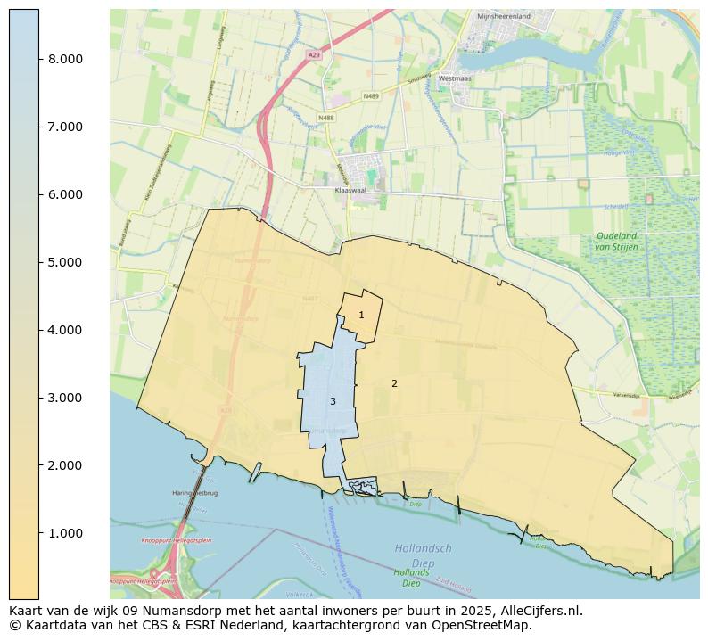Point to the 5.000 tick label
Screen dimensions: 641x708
tap(65, 262)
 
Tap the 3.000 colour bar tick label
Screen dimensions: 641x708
tap(65, 398)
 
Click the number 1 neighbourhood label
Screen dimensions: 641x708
tap(361, 315)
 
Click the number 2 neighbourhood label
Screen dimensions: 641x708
tap(394, 383)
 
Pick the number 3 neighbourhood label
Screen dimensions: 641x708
tap(333, 401)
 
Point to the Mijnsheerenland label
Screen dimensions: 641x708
tap(503, 16)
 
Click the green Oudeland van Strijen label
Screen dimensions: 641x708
tap(616, 241)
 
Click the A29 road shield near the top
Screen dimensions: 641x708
tap(313, 55)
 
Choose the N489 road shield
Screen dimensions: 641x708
tap(372, 95)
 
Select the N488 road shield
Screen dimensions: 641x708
tap(325, 117)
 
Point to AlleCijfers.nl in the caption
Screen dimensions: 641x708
tap(543, 611)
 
